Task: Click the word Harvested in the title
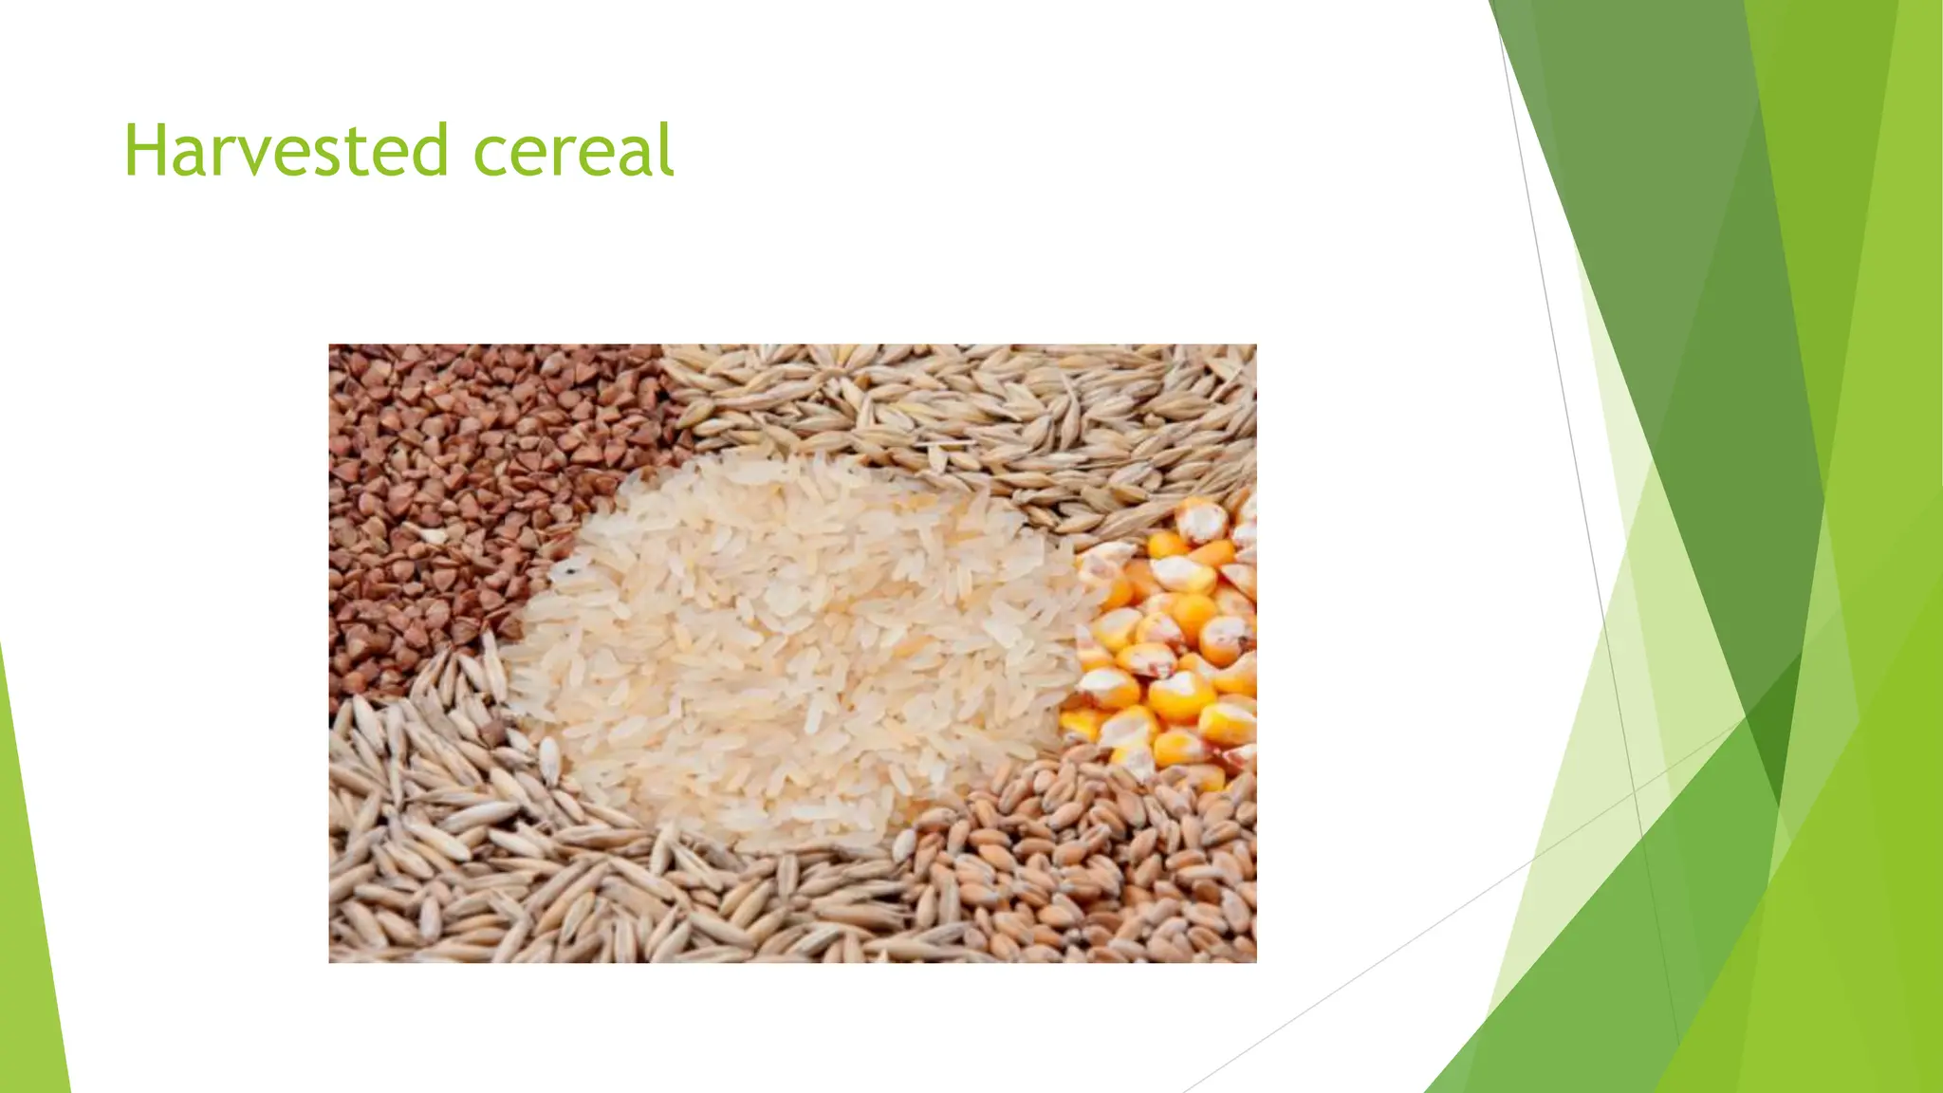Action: pyautogui.click(x=286, y=151)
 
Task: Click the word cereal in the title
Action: pyautogui.click(x=573, y=151)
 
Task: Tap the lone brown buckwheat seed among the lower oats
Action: pyautogui.click(x=492, y=732)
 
